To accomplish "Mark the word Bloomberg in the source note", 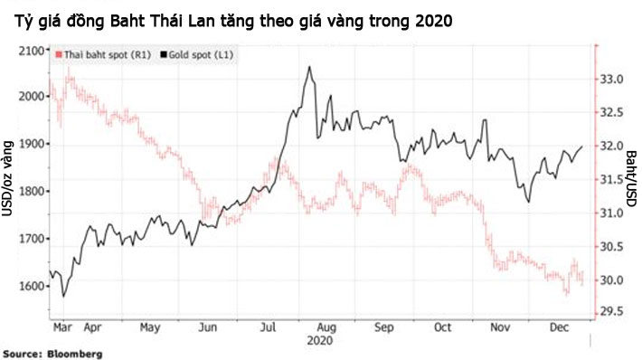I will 73,353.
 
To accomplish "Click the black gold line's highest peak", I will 309,67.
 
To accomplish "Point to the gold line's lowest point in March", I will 63,296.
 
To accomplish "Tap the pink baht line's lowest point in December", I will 567,294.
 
